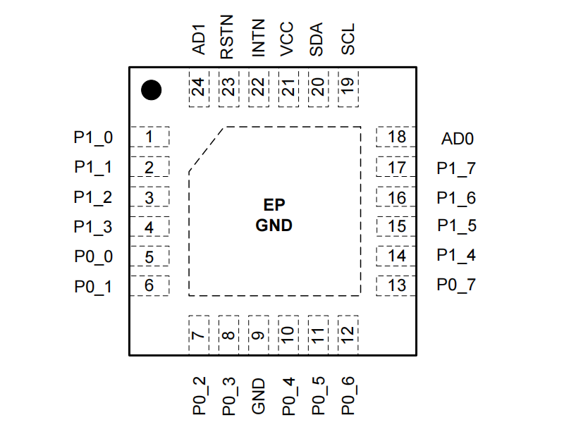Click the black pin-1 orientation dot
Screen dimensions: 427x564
(x=151, y=90)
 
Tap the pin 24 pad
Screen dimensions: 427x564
(x=199, y=89)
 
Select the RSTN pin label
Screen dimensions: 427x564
(x=227, y=38)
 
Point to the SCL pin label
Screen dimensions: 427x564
(x=348, y=39)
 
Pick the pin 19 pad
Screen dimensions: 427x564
(x=348, y=89)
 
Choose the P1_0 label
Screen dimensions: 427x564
(x=93, y=138)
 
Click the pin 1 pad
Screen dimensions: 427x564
(x=150, y=137)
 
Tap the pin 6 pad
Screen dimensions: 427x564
(x=150, y=285)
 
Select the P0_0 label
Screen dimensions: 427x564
(x=93, y=257)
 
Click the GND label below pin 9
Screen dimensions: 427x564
(x=259, y=396)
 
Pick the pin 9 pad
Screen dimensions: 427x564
(x=258, y=334)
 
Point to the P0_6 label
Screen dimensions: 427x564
(x=348, y=396)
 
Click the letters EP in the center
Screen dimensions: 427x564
(x=274, y=206)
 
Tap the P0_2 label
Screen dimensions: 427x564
(x=200, y=396)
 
